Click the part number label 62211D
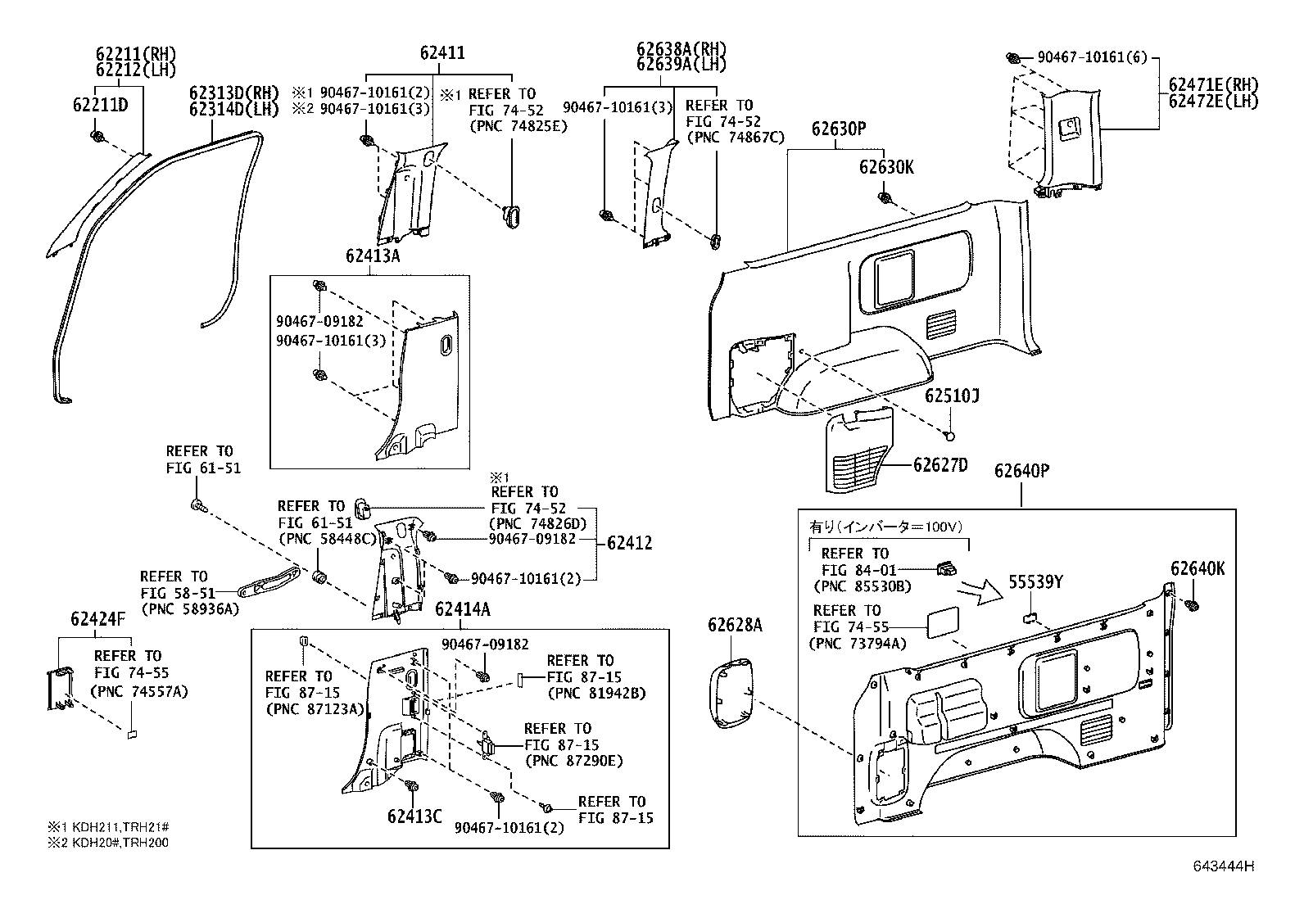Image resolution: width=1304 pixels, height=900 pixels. point(101,105)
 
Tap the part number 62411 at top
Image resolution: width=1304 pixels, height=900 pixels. point(442,53)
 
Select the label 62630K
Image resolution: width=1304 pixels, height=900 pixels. point(886,167)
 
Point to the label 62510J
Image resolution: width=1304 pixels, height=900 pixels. point(953,396)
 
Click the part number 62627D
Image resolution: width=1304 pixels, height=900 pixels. point(940,465)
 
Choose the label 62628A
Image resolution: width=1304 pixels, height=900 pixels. point(735,626)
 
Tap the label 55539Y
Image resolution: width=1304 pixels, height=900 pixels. point(1035,581)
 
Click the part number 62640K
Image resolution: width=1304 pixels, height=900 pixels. point(1198,568)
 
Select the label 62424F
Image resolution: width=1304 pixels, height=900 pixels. point(98,619)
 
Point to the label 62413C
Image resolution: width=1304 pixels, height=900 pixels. point(414,816)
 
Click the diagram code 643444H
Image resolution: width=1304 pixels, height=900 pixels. point(1225,866)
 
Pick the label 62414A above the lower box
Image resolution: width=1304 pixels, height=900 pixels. point(463,609)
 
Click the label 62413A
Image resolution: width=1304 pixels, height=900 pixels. point(373,256)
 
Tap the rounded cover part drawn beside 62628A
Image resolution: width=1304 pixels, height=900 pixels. point(732,693)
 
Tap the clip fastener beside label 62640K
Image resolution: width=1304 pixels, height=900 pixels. point(1192,605)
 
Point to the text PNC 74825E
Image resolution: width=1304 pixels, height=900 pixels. point(518,126)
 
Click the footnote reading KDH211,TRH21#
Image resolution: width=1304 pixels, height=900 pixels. point(113,827)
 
